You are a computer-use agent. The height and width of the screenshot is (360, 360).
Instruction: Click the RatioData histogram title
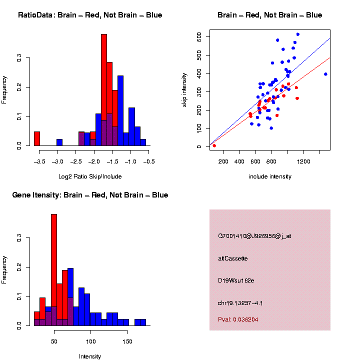[x=90, y=15]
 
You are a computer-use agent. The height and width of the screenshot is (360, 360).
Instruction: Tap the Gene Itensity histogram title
[x=90, y=194]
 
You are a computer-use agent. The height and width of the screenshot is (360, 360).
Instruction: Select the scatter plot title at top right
[x=269, y=15]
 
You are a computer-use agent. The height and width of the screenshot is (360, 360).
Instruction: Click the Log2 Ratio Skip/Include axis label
[x=90, y=176]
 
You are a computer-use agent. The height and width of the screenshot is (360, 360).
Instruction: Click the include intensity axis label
[x=270, y=176]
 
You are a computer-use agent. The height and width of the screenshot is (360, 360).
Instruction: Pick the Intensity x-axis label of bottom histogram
[x=90, y=356]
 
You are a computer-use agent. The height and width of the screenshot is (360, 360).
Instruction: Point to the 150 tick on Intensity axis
[x=127, y=341]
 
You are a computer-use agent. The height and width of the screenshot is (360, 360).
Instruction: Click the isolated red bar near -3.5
[x=37, y=138]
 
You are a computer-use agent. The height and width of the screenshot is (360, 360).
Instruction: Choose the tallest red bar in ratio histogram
[x=104, y=90]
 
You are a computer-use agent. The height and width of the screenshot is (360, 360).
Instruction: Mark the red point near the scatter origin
[x=214, y=145]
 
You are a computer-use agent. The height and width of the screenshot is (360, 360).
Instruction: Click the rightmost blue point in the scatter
[x=325, y=74]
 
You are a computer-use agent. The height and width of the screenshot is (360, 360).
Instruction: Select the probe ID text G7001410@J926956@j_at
[x=254, y=236]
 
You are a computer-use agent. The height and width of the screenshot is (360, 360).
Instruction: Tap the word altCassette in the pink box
[x=233, y=258]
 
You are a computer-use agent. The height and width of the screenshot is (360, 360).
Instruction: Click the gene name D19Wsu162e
[x=236, y=280]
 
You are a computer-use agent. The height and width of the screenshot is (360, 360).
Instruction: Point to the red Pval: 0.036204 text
[x=238, y=319]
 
